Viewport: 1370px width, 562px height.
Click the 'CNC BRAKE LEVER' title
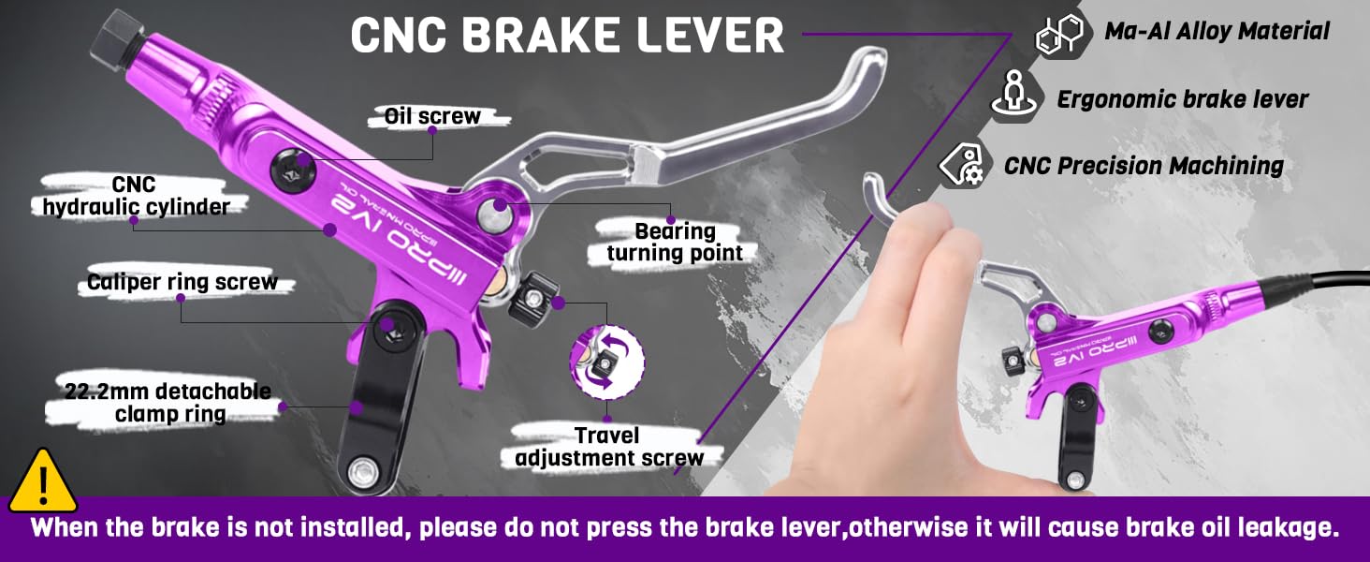[x=567, y=35]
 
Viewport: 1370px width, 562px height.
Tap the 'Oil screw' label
[x=432, y=116]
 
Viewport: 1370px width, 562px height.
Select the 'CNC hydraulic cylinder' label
[x=134, y=195]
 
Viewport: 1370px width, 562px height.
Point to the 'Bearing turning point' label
[x=675, y=242]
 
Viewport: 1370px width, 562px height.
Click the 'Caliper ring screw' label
[x=182, y=282]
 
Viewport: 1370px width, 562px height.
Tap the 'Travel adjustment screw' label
[x=608, y=447]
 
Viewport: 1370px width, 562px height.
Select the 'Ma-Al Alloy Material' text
[x=1217, y=31]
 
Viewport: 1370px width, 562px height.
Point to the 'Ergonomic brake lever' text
[x=1182, y=99]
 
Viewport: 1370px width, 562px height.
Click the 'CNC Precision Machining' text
[x=1144, y=166]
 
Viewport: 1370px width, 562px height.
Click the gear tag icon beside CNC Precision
[x=962, y=165]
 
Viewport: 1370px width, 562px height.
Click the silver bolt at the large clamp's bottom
[x=362, y=470]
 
